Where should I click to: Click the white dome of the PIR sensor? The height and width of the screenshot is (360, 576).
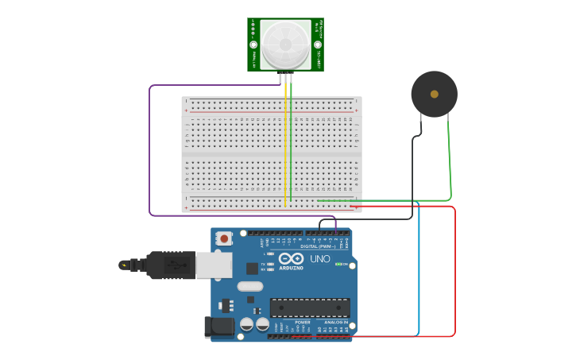tap(285, 44)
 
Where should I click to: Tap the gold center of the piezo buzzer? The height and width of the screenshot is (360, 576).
tap(434, 94)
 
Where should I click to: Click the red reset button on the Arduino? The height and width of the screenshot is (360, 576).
tap(225, 238)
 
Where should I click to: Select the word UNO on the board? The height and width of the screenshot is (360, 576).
tap(319, 259)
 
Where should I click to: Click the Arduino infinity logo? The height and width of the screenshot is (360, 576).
tap(291, 259)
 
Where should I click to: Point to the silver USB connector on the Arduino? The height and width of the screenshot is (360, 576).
tap(215, 265)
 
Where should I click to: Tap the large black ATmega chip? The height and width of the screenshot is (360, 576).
tap(310, 308)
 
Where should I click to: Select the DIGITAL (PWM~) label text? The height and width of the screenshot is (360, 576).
tap(319, 246)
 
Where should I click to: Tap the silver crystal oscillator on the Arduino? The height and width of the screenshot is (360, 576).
tap(249, 286)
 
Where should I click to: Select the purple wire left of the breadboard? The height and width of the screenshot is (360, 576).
tap(149, 151)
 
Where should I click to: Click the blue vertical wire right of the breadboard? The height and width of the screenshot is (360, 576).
tap(419, 270)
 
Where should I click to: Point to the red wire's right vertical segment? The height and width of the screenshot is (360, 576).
tap(455, 270)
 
